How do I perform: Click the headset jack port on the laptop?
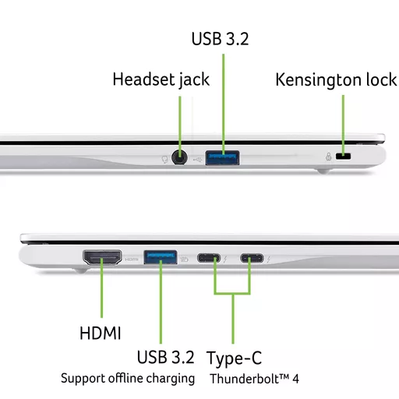coord(179,157)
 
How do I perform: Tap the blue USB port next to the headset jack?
coord(222,157)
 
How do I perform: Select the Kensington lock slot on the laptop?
coord(343,156)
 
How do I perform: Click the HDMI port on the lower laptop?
coord(102,257)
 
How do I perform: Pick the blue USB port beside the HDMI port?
coord(161,257)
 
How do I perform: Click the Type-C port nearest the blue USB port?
coord(209,258)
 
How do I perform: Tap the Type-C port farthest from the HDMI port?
coord(252,258)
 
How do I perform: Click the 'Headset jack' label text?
coord(161,79)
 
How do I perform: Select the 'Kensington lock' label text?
coord(336,79)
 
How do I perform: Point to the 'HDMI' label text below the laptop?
coord(101,333)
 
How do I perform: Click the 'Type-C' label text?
coord(234,358)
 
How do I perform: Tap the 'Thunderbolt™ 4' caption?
coord(254,379)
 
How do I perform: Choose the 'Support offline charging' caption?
coord(128,379)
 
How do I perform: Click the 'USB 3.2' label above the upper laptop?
coord(220,39)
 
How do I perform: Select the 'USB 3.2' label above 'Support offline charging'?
coord(165,357)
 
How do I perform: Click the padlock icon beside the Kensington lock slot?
coord(329,157)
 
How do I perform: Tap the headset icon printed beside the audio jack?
coord(164,159)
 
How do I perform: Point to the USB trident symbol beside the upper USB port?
coord(198,160)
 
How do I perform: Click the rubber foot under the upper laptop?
coord(323,171)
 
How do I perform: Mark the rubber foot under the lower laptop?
coord(80,270)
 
